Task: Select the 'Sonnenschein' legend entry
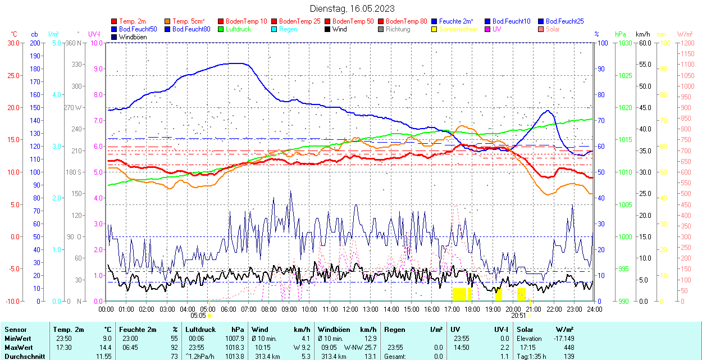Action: (458, 29)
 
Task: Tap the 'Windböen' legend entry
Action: (132, 37)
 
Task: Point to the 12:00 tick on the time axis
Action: (350, 309)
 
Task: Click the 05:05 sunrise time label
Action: (198, 316)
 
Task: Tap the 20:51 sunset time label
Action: (518, 316)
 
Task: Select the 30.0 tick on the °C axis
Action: (13, 43)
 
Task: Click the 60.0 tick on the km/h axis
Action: (644, 43)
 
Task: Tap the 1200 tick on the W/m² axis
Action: (686, 43)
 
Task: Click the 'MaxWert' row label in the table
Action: (18, 348)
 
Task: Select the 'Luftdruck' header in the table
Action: (200, 330)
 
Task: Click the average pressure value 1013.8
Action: (234, 357)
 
